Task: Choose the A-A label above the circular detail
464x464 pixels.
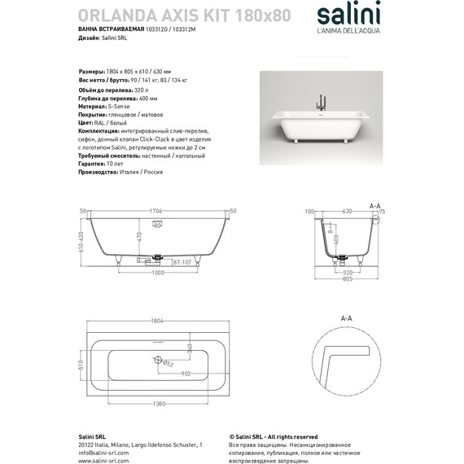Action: click(345, 317)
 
